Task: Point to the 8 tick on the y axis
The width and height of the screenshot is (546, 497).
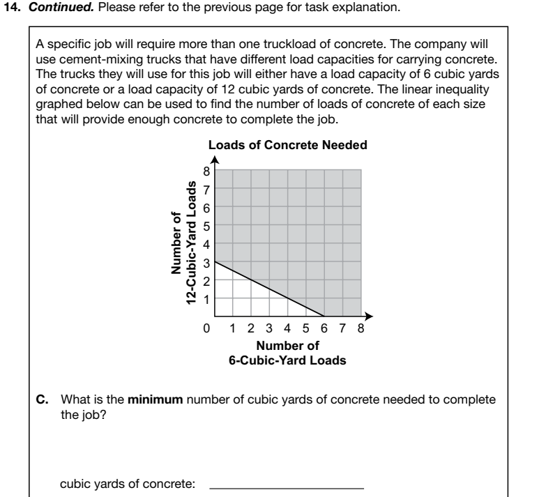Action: coord(206,171)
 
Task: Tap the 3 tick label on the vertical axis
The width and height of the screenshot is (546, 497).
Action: coord(206,262)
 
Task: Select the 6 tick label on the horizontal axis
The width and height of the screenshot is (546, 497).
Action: coord(323,327)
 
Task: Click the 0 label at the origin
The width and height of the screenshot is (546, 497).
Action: coord(206,327)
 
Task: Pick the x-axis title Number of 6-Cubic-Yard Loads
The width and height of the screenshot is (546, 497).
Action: coord(287,353)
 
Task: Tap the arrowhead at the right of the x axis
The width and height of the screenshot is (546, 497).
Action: coord(370,316)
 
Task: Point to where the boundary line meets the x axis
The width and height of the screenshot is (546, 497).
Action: coord(324,316)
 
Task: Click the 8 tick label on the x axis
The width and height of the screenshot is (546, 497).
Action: coord(359,327)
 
